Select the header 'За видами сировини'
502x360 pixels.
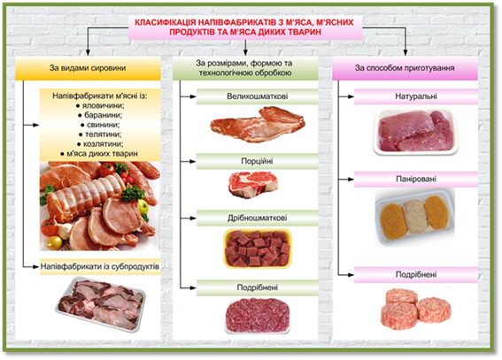point(88,68)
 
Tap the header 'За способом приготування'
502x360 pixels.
point(405,68)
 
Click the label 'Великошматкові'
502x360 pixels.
point(257,96)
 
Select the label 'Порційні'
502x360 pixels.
point(257,160)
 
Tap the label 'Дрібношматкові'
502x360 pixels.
point(257,218)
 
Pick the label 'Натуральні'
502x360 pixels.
point(416,96)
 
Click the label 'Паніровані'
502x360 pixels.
point(416,179)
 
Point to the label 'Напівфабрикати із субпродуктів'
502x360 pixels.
point(100,266)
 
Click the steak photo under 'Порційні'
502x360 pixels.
point(253,185)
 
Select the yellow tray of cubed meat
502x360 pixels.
point(258,249)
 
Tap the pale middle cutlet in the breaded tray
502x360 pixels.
point(414,216)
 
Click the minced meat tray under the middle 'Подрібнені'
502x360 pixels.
point(258,316)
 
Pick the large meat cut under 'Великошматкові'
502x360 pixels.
point(258,124)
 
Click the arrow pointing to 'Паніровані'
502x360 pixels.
point(346,179)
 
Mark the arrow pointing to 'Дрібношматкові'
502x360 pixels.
point(189,218)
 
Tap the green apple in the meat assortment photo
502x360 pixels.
point(143,206)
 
